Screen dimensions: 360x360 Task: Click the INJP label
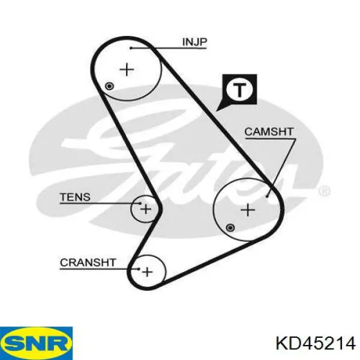tap(194, 42)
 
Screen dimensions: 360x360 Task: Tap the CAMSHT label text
tap(269, 132)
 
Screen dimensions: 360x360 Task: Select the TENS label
tap(75, 197)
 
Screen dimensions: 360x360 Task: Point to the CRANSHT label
tap(88, 262)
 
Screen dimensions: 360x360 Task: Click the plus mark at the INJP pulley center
tap(127, 70)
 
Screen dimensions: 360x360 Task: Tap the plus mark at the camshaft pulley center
tap(248, 210)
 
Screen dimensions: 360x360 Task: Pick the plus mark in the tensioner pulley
tap(146, 209)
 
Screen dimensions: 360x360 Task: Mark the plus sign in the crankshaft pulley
tap(147, 272)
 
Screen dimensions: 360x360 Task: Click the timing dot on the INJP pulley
tap(109, 86)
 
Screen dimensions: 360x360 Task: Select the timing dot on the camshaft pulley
tap(230, 228)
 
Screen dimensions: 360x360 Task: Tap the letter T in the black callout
tap(239, 89)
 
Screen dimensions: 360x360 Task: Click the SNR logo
tap(36, 343)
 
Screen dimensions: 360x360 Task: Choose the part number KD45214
tap(316, 343)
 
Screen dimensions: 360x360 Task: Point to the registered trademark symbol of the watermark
tap(325, 191)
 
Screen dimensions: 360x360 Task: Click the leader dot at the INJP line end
tap(131, 48)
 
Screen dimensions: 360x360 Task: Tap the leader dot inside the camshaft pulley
tap(267, 196)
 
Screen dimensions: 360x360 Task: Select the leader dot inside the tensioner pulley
tap(140, 203)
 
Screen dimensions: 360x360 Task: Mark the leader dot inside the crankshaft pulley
tap(139, 269)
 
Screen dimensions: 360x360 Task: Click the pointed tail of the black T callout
tap(216, 111)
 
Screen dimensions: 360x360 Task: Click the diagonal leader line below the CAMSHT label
tap(281, 167)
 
